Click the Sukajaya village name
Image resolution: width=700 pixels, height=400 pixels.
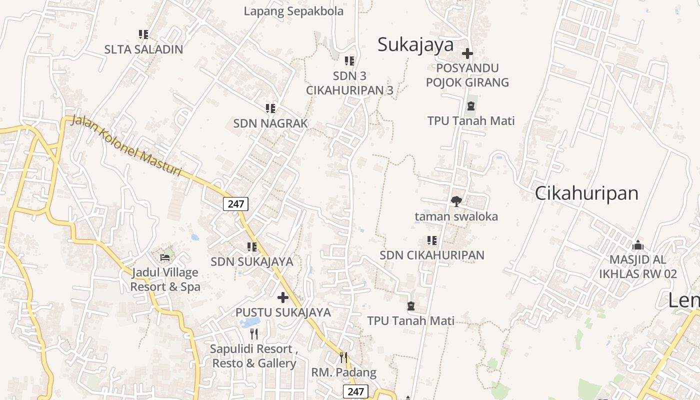(415, 44)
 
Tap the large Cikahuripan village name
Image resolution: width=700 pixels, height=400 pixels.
(586, 193)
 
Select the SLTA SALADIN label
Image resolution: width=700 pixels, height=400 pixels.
(143, 49)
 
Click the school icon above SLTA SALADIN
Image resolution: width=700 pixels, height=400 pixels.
(143, 34)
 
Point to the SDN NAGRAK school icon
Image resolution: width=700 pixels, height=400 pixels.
(270, 108)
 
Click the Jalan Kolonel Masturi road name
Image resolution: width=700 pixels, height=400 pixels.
(126, 145)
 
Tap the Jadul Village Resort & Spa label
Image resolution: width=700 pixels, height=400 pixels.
(165, 279)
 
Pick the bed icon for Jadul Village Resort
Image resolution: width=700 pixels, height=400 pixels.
(165, 258)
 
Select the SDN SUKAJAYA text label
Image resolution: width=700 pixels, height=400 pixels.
(251, 261)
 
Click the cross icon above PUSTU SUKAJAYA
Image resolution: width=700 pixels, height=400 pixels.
(283, 297)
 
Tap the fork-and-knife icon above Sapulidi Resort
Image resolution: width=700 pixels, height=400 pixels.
(254, 333)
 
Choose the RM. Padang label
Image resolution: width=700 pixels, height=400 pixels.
(343, 372)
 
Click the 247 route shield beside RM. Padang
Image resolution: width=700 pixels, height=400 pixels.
(355, 391)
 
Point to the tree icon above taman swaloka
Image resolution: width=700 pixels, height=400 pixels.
(456, 201)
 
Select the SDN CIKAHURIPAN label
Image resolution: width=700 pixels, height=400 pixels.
(432, 255)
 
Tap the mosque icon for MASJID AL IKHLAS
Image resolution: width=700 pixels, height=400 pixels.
(637, 245)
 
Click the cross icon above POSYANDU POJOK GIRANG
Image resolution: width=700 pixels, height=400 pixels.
(467, 53)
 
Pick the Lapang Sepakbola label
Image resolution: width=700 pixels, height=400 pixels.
(293, 11)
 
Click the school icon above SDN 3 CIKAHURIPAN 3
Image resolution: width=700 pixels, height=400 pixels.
(349, 61)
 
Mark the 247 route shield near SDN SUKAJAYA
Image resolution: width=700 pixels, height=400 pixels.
(235, 203)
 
